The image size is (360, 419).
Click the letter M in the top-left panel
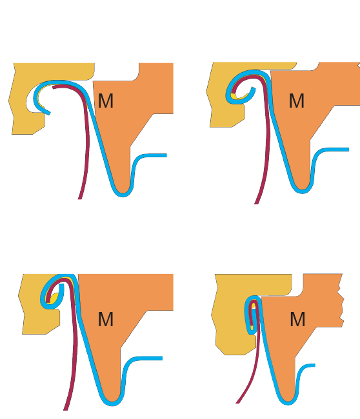click(x=106, y=101)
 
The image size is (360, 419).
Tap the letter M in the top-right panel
click(x=297, y=101)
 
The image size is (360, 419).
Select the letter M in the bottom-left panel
click(x=106, y=319)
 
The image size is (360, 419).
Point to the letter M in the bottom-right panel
click(x=297, y=319)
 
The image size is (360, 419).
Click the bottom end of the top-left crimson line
click(x=80, y=199)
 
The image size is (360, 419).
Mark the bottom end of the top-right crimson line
click(x=256, y=203)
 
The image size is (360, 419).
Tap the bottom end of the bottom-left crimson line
click(x=65, y=409)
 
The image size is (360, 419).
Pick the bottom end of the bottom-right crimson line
click(x=237, y=403)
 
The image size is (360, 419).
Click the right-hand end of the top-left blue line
click(x=166, y=155)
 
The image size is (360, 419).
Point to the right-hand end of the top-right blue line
click(x=348, y=150)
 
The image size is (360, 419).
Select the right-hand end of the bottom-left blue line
click(x=162, y=358)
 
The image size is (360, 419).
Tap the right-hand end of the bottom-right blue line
click(x=315, y=365)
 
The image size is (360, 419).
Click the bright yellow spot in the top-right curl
click(x=234, y=96)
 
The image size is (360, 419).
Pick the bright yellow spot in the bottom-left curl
click(x=55, y=298)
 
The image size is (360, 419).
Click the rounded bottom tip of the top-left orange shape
click(x=123, y=192)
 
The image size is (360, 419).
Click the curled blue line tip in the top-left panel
click(x=49, y=113)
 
